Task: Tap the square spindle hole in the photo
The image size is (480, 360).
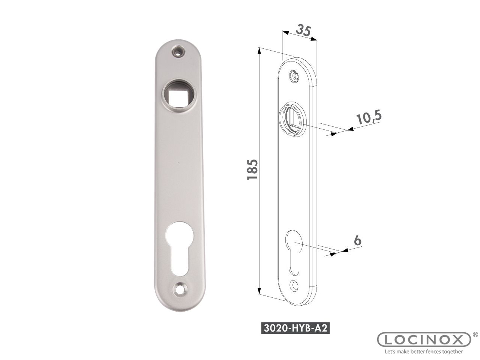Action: (x=178, y=98)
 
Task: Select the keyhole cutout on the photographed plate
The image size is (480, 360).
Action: (x=179, y=249)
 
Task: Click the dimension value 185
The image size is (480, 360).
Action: (x=252, y=169)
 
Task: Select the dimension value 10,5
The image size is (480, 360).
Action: (x=369, y=117)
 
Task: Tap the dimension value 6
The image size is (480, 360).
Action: (x=357, y=240)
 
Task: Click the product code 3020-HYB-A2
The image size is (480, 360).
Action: (x=295, y=328)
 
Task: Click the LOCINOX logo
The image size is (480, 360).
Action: (x=424, y=340)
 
